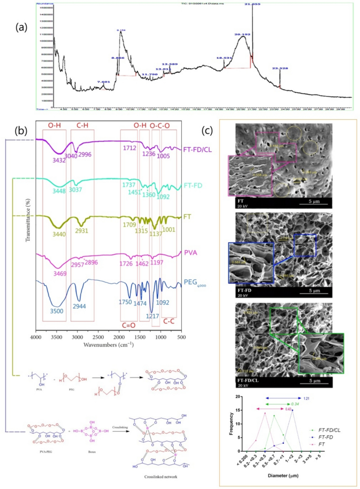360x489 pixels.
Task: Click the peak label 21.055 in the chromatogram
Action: point(252,4)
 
